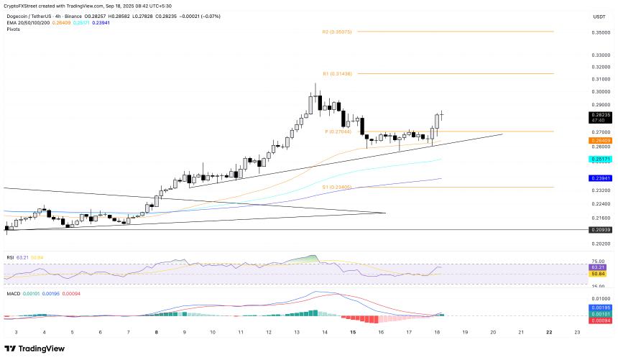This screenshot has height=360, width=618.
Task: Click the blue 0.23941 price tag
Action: tap(600, 178)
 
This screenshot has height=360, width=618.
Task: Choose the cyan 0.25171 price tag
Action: tap(600, 158)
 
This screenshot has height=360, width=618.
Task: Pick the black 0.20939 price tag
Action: tap(600, 230)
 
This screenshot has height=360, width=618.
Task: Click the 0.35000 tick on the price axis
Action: tap(600, 32)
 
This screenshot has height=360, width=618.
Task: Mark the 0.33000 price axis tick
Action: tap(600, 55)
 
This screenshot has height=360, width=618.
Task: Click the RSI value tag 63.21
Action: tap(600, 267)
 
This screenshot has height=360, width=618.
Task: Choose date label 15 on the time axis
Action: tap(353, 333)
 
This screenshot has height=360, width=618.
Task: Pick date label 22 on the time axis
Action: tap(549, 333)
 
